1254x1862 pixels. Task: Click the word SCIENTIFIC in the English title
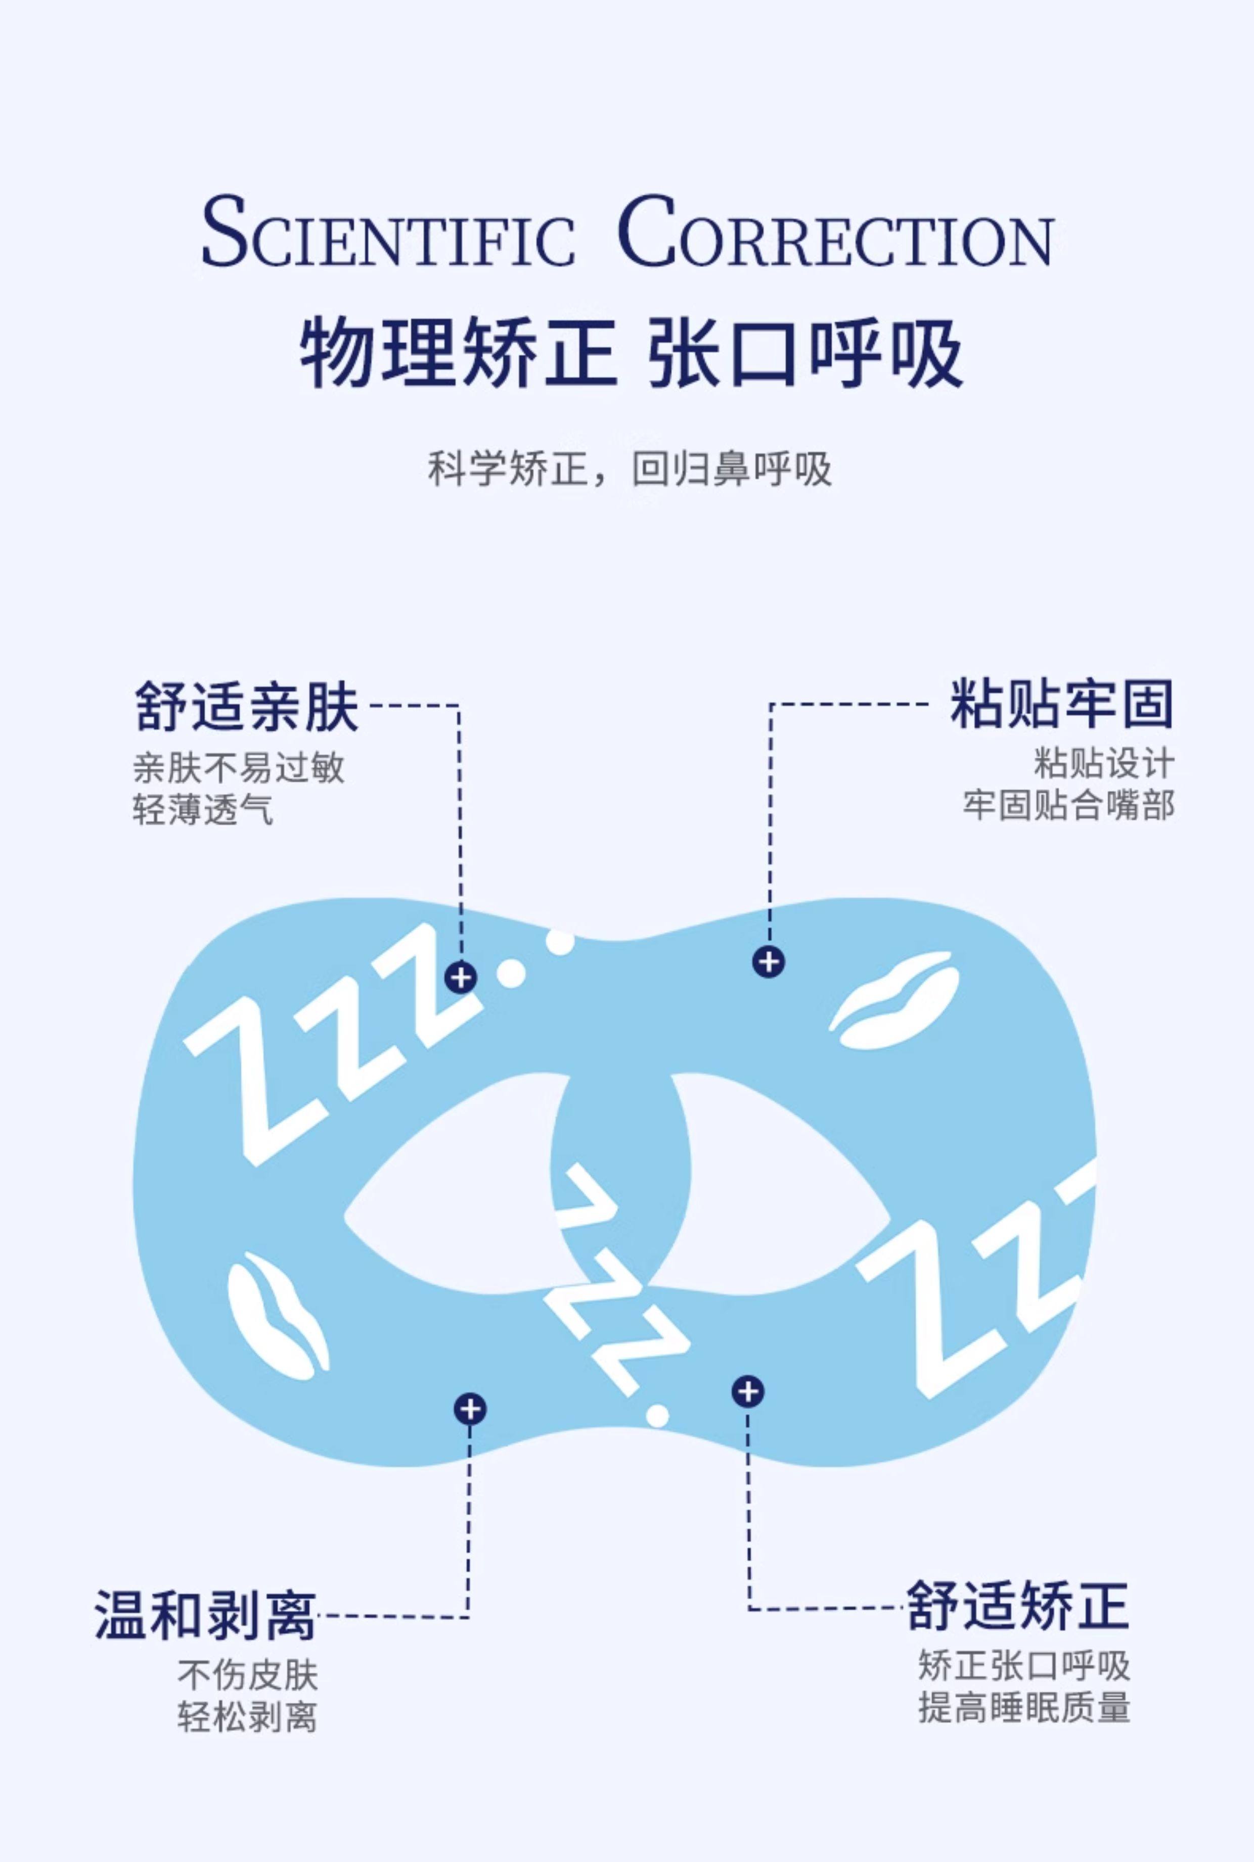(388, 232)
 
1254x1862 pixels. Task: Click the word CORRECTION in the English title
(836, 232)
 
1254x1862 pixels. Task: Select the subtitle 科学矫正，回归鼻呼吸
(630, 470)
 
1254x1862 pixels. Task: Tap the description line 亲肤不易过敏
(238, 768)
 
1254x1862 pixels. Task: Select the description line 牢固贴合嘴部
(1068, 805)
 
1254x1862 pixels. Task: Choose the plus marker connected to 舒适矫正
(748, 1392)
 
